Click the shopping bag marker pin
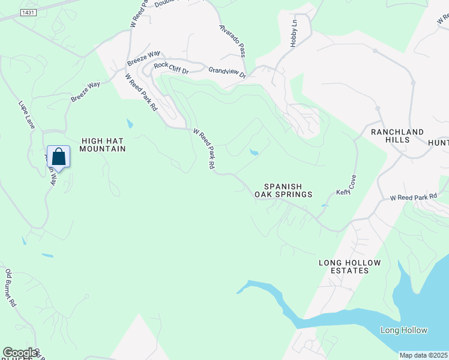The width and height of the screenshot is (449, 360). tap(58, 157)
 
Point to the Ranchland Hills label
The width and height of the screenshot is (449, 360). tap(397, 136)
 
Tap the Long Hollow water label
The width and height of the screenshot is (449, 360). tap(404, 331)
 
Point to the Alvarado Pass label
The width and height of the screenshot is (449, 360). tap(232, 40)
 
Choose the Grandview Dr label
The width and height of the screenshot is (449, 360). tap(228, 72)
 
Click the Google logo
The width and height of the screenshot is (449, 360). tap(20, 353)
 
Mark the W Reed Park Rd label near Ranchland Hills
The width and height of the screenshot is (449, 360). tap(413, 197)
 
